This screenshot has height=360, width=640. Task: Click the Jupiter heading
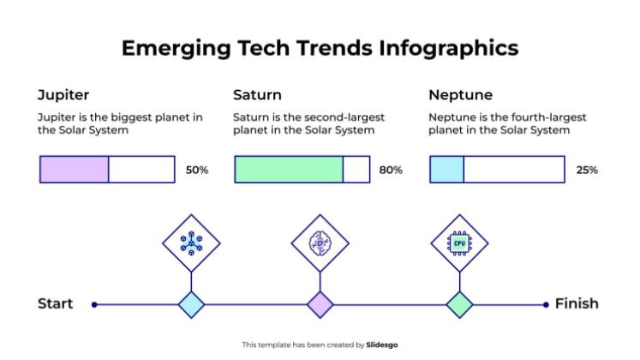63,94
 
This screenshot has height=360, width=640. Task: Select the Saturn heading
257,94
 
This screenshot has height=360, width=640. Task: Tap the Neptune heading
460,94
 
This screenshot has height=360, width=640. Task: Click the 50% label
197,170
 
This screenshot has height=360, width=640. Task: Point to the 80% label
391,170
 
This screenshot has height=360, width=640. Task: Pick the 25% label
587,170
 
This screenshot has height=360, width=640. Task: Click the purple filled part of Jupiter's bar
75,170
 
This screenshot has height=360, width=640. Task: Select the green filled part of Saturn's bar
289,170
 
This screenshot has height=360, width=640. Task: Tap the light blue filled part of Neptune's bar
446,170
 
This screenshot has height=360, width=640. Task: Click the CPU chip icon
459,243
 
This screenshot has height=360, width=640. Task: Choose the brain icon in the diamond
320,243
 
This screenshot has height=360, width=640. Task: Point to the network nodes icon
191,243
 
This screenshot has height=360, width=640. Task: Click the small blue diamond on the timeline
191,303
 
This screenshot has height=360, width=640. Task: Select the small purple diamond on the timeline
320,303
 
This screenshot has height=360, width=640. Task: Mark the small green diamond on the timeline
460,303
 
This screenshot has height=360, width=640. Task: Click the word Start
56,303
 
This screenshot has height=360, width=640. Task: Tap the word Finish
577,303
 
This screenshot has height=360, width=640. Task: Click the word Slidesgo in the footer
382,345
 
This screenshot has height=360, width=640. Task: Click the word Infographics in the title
448,48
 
